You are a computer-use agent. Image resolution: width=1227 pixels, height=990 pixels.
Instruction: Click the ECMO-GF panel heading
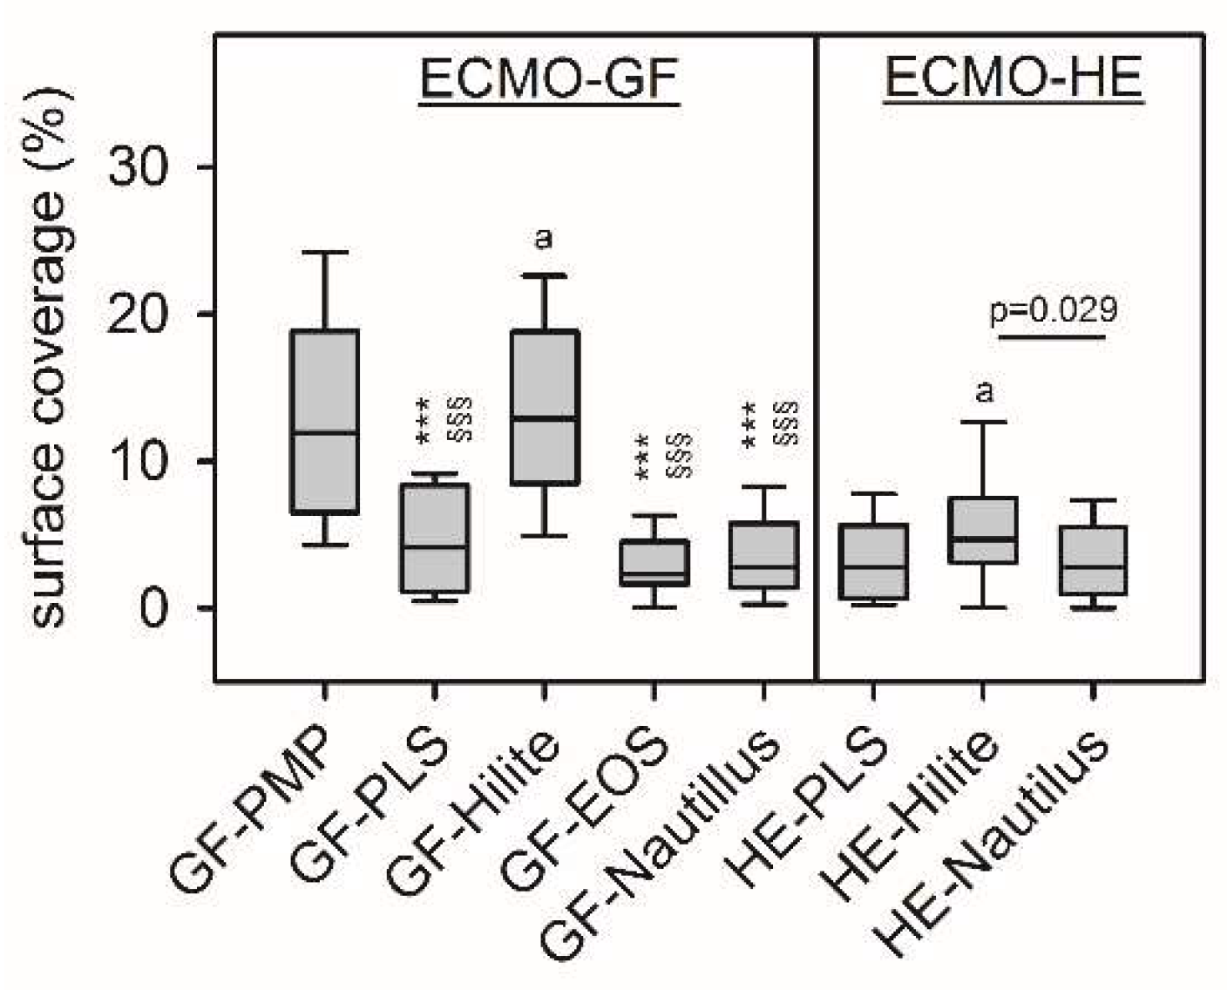point(548,79)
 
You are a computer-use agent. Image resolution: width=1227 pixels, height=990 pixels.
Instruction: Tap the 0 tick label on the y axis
point(153,607)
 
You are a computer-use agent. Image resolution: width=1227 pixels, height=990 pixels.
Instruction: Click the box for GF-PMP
point(324,422)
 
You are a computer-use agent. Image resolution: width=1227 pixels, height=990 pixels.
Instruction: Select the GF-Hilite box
point(544,407)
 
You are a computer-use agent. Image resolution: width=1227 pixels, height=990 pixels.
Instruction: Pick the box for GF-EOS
point(654,563)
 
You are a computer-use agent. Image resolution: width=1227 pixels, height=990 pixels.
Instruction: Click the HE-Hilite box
point(982,530)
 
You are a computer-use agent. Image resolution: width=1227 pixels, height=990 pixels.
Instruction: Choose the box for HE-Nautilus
point(1093,560)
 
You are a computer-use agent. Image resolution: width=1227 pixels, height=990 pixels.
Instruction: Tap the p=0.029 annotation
point(1054,310)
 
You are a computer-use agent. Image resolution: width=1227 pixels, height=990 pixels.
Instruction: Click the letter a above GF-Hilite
point(543,238)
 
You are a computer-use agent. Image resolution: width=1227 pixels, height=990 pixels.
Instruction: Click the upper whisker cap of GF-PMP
point(324,253)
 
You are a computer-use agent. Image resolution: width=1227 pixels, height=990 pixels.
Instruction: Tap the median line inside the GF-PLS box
point(435,546)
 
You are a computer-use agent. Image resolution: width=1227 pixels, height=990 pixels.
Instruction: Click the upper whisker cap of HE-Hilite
point(982,422)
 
